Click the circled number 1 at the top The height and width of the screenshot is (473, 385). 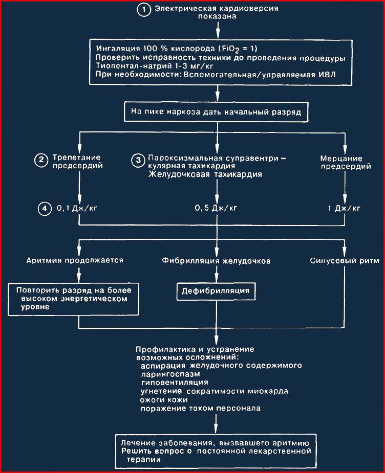click(x=144, y=10)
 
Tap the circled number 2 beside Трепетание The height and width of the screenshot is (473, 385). click(x=41, y=160)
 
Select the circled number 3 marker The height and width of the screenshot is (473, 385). click(x=138, y=160)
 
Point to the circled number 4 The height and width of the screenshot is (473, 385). click(x=45, y=209)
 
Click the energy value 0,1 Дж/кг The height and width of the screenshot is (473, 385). click(x=77, y=208)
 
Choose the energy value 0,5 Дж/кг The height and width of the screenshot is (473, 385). click(x=216, y=208)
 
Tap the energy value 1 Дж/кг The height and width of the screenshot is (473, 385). click(x=344, y=208)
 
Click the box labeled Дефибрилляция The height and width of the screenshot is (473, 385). click(x=216, y=291)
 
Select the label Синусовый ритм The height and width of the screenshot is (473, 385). click(x=345, y=261)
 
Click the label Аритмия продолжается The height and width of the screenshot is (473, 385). click(x=75, y=260)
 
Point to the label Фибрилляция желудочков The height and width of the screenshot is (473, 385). click(x=216, y=261)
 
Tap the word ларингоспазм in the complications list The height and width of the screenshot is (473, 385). click(x=170, y=374)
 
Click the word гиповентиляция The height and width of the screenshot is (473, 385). click(x=175, y=382)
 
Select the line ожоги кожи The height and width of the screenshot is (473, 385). click(x=164, y=400)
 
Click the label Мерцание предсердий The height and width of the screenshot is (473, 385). click(x=346, y=162)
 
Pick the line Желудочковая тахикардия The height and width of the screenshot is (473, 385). click(x=205, y=174)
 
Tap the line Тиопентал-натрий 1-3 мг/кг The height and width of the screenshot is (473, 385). click(x=155, y=66)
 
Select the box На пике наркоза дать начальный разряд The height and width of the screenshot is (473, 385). click(x=216, y=112)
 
